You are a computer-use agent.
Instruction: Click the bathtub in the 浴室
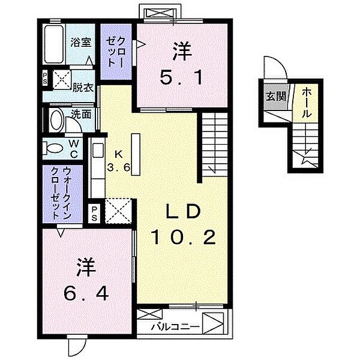[54, 44]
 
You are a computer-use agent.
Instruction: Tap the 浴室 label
[81, 43]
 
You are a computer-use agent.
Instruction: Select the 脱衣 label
[83, 88]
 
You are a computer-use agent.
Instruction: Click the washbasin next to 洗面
[57, 121]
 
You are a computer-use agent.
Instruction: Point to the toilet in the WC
[53, 148]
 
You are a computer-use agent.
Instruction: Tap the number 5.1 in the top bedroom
[181, 77]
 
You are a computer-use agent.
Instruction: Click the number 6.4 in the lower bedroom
[86, 293]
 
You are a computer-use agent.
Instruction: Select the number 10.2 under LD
[183, 238]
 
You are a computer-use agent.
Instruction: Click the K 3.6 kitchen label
[119, 161]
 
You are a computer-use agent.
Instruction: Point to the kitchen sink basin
[98, 150]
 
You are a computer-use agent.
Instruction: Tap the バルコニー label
[175, 327]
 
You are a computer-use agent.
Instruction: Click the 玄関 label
[276, 96]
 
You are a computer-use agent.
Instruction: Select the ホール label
[307, 103]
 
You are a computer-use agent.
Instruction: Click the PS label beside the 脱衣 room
[45, 78]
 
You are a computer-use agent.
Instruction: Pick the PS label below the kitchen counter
[94, 214]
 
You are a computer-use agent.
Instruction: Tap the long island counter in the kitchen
[136, 154]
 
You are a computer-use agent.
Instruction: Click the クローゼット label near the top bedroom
[116, 52]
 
